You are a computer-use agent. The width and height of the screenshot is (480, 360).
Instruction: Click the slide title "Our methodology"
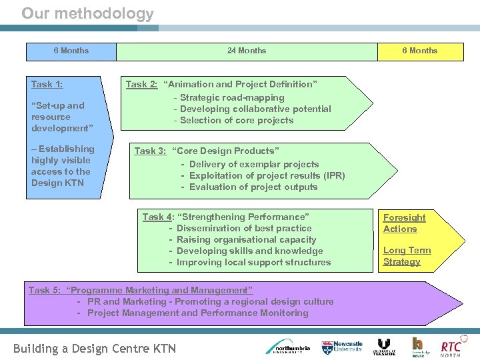point(87,13)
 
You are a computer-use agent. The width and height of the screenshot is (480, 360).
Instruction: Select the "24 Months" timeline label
point(246,51)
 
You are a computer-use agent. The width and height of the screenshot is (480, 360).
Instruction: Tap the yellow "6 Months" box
point(419,51)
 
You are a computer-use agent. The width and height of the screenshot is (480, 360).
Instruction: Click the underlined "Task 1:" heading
point(47,85)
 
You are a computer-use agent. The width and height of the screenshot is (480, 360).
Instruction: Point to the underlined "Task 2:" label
point(142,85)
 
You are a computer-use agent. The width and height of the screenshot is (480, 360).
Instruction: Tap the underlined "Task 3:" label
point(151,151)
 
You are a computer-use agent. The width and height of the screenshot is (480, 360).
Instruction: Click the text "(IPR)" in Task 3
point(333,175)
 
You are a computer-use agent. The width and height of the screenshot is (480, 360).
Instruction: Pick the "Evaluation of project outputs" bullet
point(253,187)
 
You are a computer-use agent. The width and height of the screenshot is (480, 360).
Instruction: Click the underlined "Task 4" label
point(157,217)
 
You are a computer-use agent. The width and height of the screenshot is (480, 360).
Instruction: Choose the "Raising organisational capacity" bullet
point(246,239)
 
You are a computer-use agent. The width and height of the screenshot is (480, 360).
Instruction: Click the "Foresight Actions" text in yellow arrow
point(404,223)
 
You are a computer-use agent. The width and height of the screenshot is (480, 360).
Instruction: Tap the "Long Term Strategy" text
point(407,256)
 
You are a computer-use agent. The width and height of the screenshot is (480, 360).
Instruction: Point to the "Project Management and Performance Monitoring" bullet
point(197,313)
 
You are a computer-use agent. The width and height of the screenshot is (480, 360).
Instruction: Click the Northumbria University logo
point(287,347)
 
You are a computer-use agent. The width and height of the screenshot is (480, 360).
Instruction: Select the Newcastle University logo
point(343,347)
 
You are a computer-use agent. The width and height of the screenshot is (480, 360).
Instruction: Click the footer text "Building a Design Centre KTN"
point(95,349)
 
